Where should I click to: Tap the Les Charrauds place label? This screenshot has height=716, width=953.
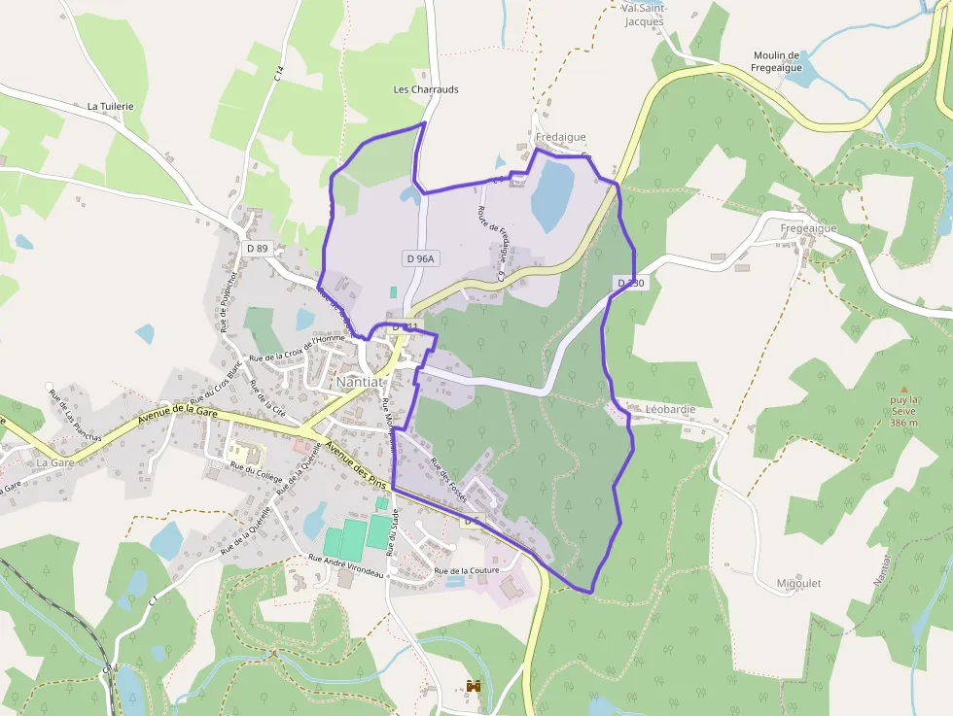point(425,89)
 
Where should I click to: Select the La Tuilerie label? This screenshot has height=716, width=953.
point(110,106)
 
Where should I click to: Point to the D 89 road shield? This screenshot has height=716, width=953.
point(257,249)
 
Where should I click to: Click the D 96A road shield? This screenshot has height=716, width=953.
point(419,258)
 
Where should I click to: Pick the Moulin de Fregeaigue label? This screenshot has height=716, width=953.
point(775,61)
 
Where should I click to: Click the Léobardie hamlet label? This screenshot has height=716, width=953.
point(670,410)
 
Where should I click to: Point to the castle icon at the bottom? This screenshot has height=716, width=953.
point(475,687)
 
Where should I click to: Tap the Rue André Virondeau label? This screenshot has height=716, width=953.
point(346,561)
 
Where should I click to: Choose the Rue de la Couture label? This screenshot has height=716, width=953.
point(467,570)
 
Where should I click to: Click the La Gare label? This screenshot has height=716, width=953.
point(54,463)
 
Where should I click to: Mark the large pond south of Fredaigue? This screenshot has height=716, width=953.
point(550,195)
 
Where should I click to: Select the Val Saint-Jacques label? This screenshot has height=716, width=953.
point(642,15)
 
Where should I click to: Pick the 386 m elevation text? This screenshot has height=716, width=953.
point(903,423)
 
